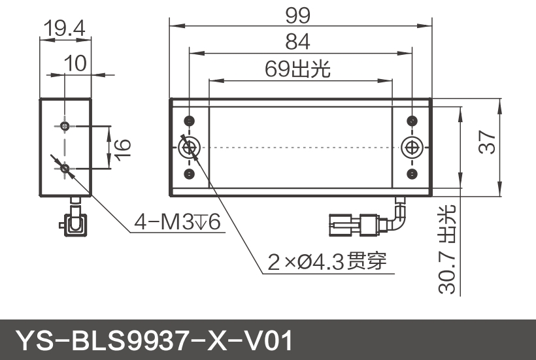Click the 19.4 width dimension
tap(65, 28)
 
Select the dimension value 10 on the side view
tap(76, 63)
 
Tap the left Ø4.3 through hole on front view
tap(190, 148)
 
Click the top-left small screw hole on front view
tap(190, 122)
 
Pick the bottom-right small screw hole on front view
tap(411, 174)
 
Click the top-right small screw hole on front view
tap(411, 122)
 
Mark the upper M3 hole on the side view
tap(65, 125)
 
